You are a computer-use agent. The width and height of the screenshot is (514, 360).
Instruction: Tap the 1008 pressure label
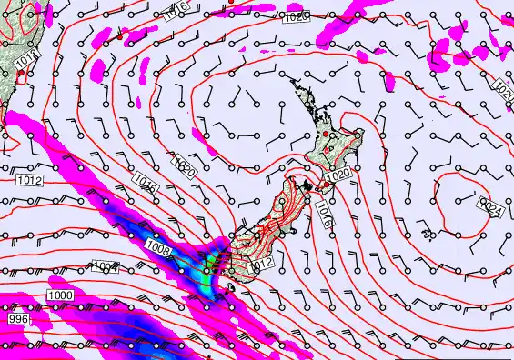pyautogui.click(x=157, y=246)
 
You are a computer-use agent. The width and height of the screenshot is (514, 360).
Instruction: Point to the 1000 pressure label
pyautogui.click(x=62, y=296)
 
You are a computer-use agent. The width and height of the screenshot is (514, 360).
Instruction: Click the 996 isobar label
pyautogui.click(x=18, y=321)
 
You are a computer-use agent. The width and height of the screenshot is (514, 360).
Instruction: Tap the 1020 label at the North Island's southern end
pyautogui.click(x=338, y=174)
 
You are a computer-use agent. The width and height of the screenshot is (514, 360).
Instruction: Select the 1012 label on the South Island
pyautogui.click(x=262, y=264)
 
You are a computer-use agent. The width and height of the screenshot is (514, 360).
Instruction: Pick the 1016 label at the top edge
pyautogui.click(x=178, y=6)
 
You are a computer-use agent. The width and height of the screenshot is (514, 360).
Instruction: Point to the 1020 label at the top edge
pyautogui.click(x=297, y=15)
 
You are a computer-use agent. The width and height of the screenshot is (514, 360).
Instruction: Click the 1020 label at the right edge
pyautogui.click(x=503, y=89)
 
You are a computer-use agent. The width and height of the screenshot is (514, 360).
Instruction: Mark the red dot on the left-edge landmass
pyautogui.click(x=20, y=72)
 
